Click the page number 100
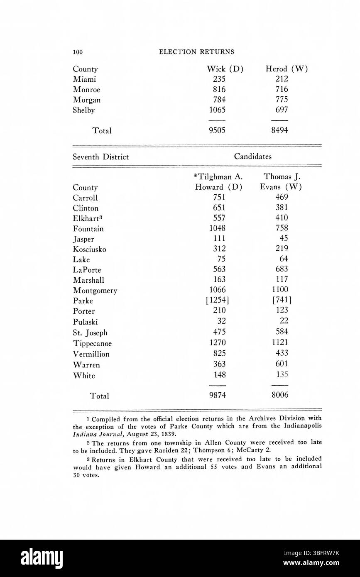click(x=78, y=52)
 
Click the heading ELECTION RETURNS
click(x=196, y=52)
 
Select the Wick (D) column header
click(x=225, y=69)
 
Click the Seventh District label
click(x=100, y=157)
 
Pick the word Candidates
click(x=253, y=156)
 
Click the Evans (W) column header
click(x=281, y=187)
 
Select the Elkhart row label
click(x=87, y=218)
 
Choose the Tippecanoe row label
click(x=92, y=344)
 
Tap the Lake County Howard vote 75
click(x=221, y=259)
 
